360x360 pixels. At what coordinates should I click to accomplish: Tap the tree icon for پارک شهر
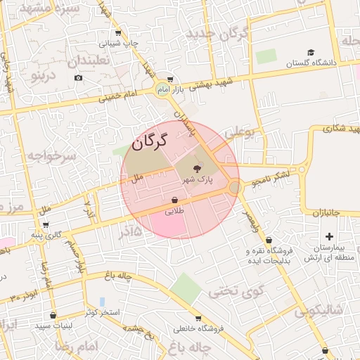(x=197, y=168)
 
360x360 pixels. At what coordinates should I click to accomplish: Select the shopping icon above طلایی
(x=174, y=200)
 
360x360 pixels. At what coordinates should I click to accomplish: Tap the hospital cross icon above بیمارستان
(x=329, y=236)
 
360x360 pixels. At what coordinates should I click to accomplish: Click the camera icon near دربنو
(x=78, y=77)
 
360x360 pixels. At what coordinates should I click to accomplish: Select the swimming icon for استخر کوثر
(x=102, y=302)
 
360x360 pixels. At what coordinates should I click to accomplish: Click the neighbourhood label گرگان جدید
(x=226, y=33)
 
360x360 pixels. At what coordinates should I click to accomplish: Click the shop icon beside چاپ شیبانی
(x=117, y=33)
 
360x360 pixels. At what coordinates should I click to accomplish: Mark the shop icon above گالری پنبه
(x=46, y=225)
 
